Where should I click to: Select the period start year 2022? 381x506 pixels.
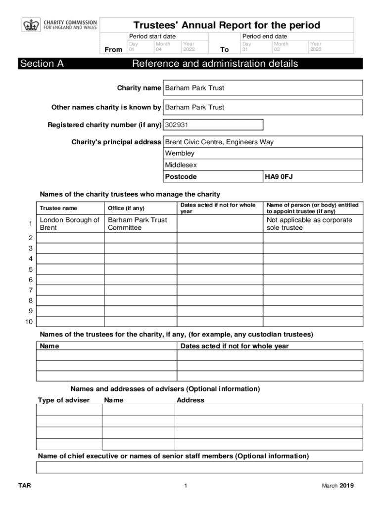pyautogui.click(x=189, y=49)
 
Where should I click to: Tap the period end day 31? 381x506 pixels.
pyautogui.click(x=245, y=49)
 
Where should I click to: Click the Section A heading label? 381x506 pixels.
pyautogui.click(x=42, y=64)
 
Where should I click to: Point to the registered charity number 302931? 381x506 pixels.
pyautogui.click(x=177, y=125)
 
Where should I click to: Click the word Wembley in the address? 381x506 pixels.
pyautogui.click(x=180, y=153)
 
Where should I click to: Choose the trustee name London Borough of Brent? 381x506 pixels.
pyautogui.click(x=69, y=224)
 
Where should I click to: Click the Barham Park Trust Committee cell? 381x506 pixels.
pyautogui.click(x=138, y=224)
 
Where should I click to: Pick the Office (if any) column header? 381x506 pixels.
pyautogui.click(x=126, y=208)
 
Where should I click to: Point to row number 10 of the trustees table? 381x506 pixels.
pyautogui.click(x=29, y=322)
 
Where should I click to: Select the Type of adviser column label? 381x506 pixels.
pyautogui.click(x=64, y=400)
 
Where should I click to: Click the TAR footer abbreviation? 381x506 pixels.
pyautogui.click(x=25, y=486)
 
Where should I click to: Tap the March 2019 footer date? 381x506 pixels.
pyautogui.click(x=338, y=486)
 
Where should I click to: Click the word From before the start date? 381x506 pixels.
pyautogui.click(x=114, y=49)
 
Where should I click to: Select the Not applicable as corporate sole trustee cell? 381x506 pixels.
pyautogui.click(x=309, y=224)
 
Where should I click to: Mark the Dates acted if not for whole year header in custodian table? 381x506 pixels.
pyautogui.click(x=235, y=346)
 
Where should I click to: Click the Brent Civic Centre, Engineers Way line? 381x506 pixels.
pyautogui.click(x=219, y=142)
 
